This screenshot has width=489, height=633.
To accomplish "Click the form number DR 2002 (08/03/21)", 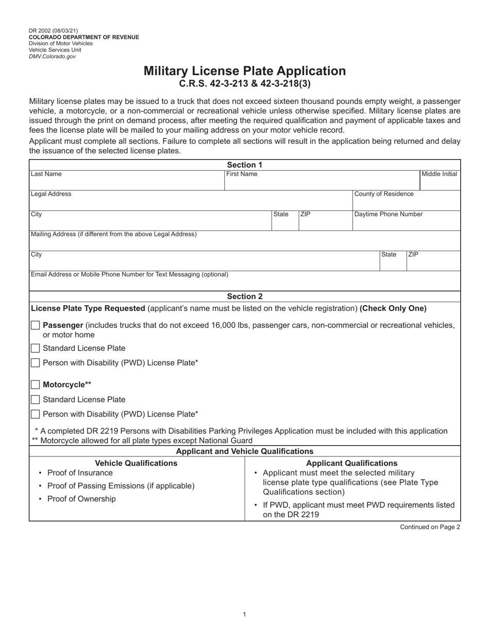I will click(54, 31).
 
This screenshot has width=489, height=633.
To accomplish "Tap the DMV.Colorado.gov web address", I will click(52, 57).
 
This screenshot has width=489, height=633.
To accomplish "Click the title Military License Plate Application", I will click(244, 71).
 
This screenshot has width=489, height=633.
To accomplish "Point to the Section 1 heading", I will click(244, 165).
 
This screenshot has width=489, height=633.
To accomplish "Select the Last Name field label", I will click(46, 174).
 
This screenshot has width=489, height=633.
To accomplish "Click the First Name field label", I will click(242, 174).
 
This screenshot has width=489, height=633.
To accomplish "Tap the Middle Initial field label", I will click(439, 174).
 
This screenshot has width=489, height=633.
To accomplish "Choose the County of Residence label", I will click(384, 194).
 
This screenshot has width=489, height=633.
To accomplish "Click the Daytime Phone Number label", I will click(389, 214).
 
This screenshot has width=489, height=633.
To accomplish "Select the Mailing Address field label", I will click(114, 234).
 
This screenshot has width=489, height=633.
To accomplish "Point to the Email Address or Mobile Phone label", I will click(130, 274).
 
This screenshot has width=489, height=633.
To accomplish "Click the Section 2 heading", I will click(244, 296).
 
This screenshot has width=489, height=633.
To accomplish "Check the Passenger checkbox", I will click(35, 325).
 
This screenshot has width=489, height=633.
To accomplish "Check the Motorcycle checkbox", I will click(35, 384).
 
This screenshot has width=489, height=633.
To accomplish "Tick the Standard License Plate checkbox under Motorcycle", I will click(35, 399).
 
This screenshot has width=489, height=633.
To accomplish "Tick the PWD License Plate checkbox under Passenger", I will click(35, 363).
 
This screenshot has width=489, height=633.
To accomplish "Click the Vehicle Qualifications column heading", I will click(136, 463).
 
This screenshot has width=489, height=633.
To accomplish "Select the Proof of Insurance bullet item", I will click(80, 473).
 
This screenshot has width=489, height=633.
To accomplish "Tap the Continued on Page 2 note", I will click(430, 527).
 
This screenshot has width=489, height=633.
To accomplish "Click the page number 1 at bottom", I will click(244, 614).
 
